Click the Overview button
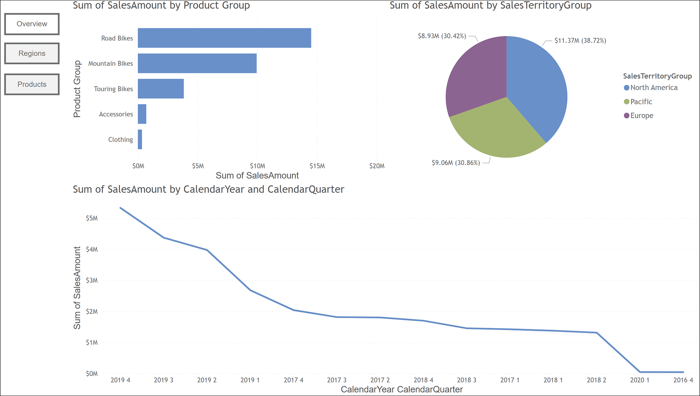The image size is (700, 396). click(32, 24)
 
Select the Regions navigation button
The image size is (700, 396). click(32, 54)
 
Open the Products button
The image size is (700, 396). click(32, 85)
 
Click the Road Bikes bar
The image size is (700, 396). click(224, 38)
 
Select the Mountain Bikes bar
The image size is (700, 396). click(197, 63)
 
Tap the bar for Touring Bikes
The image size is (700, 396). click(160, 89)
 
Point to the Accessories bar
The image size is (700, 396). click(142, 114)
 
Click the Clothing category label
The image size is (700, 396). click(120, 140)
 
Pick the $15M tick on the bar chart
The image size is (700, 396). click(317, 166)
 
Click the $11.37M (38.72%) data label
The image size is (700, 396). click(580, 40)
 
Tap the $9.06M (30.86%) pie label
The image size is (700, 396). click(455, 163)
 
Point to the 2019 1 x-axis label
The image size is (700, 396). click(250, 380)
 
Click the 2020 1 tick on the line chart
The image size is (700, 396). click(639, 380)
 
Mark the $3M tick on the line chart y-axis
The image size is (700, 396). click(92, 281)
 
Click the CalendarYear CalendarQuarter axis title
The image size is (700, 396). click(401, 389)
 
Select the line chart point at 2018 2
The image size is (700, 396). click(596, 333)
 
